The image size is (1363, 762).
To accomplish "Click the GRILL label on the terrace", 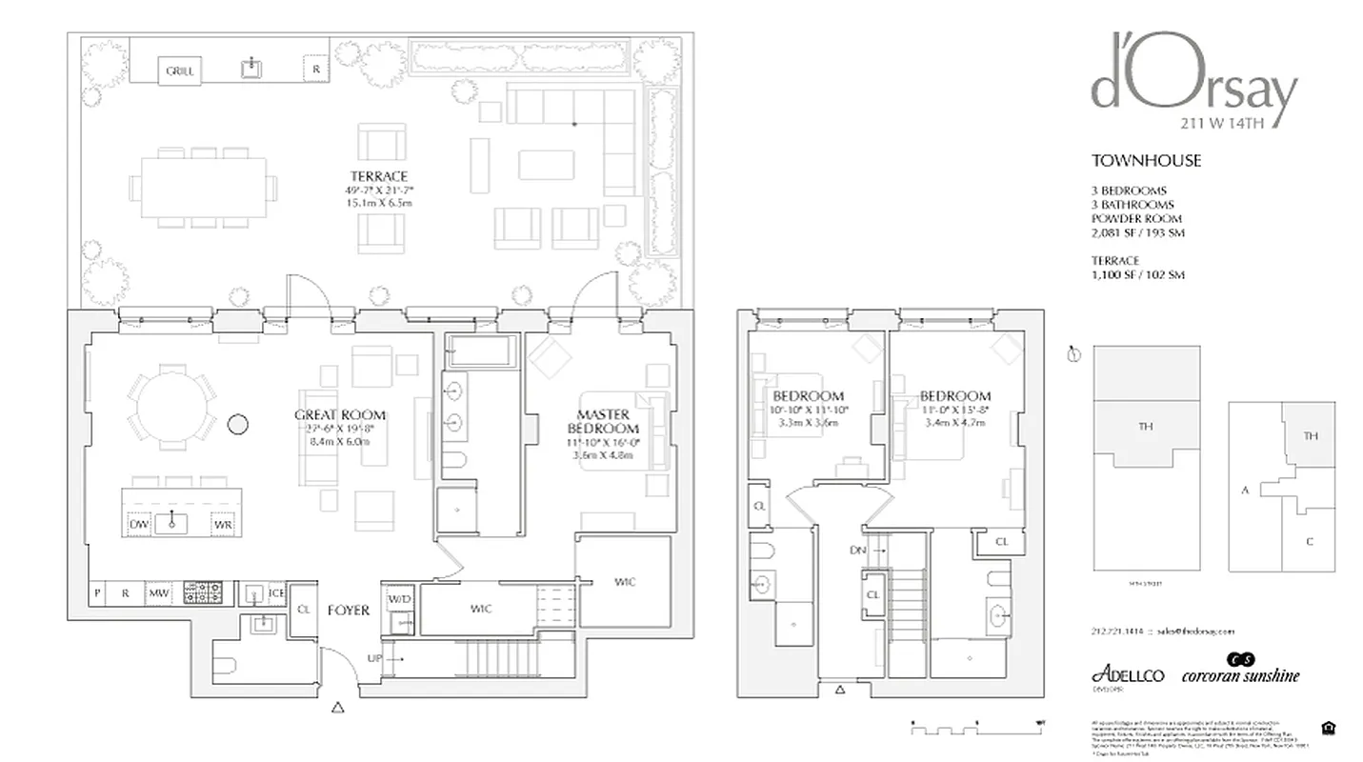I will click(179, 71).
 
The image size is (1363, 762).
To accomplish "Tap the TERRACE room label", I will click(378, 176).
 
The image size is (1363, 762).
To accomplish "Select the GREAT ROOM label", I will click(339, 414).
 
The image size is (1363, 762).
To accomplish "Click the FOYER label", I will click(349, 611).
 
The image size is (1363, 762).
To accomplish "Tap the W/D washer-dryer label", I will click(398, 599).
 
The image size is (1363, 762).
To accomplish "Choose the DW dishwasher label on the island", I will click(137, 524).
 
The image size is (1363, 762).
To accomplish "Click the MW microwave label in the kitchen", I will click(158, 593).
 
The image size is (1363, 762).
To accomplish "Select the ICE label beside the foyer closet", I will click(276, 593).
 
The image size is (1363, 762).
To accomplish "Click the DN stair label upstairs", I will click(857, 551).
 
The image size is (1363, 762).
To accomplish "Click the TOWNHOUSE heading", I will click(1146, 161).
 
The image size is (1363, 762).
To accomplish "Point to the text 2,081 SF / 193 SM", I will click(1138, 233).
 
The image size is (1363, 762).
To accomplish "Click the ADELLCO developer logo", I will click(1128, 674).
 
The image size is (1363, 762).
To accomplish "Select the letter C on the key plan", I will click(1310, 542).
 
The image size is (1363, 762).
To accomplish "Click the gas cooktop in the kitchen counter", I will click(202, 592).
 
